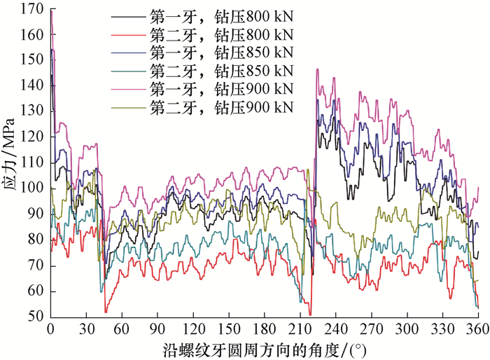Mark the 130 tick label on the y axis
[32, 111]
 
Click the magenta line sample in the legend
[129, 89]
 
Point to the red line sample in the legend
[129, 34]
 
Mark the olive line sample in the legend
[129, 107]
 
